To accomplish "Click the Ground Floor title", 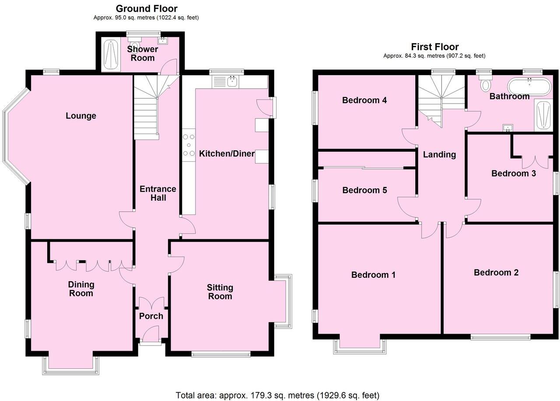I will (x=147, y=8).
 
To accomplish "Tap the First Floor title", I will (x=434, y=47).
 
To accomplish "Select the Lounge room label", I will (x=81, y=116).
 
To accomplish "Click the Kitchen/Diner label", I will (x=227, y=153).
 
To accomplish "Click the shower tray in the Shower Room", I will (x=110, y=55).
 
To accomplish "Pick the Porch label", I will (x=151, y=316).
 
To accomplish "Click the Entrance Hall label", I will (x=158, y=193).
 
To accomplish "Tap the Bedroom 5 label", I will (x=364, y=190).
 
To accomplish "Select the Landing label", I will (x=439, y=154).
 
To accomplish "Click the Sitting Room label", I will (x=220, y=292).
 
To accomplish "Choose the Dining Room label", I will (x=81, y=289).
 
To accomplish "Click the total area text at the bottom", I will (x=277, y=395).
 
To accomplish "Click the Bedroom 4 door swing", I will (x=409, y=137).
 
